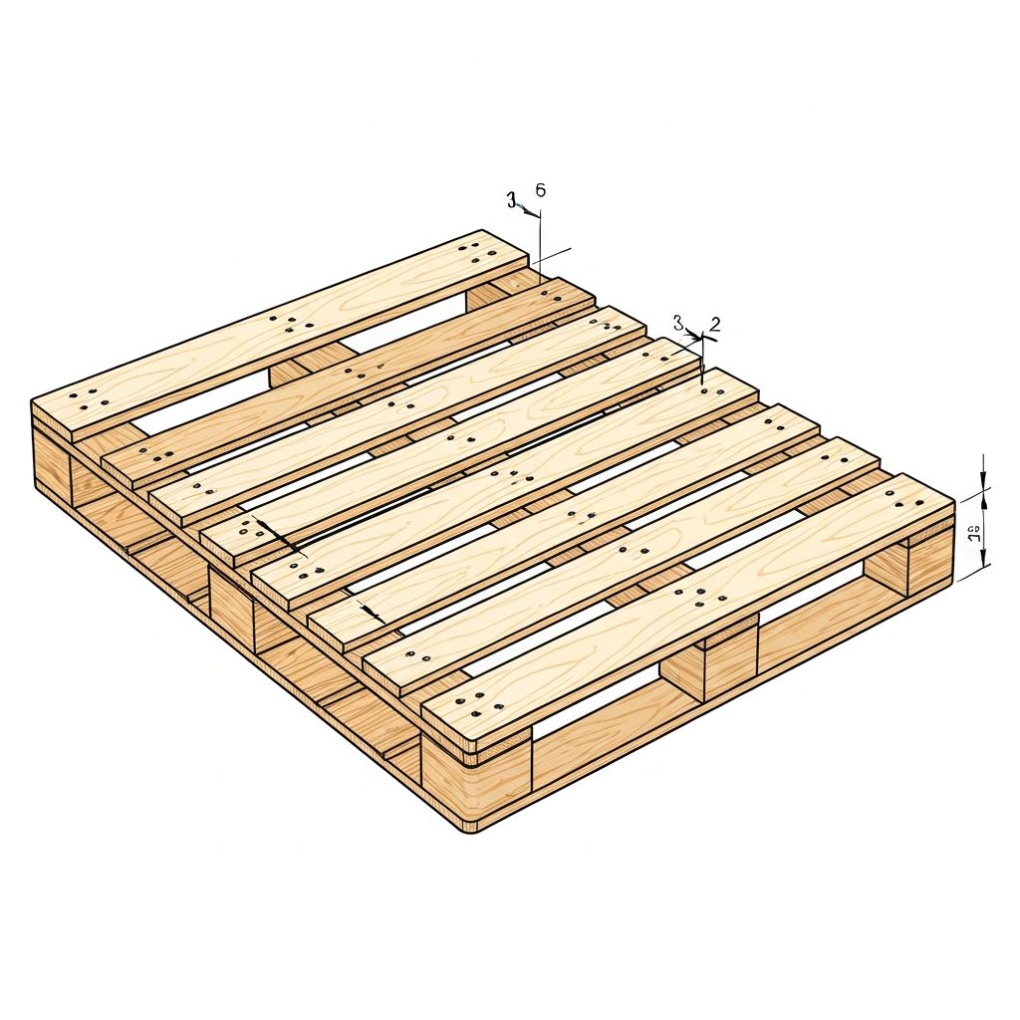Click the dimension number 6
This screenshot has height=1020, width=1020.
pos(540,189)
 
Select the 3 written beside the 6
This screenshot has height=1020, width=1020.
pos(512,201)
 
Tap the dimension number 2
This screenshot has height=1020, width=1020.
pos(714,324)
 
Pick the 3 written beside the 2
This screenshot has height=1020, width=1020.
pos(678,323)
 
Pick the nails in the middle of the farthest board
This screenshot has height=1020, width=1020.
pos(289,324)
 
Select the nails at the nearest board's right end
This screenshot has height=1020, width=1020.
pos(912,499)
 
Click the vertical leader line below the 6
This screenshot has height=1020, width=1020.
pos(540,239)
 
